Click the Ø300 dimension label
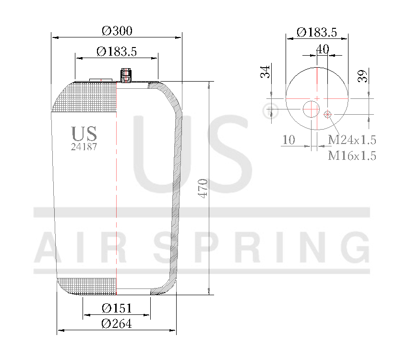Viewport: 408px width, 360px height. coord(117,31)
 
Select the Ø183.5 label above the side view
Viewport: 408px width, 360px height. coord(117,52)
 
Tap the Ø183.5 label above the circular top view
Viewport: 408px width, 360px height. coord(316,32)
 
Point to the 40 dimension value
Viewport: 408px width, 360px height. coord(323,48)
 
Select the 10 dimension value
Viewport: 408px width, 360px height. coord(288,140)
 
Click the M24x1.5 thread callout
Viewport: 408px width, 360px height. coord(352,140)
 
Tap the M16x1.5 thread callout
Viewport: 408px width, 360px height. coord(352,156)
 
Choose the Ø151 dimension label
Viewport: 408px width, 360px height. coord(117,308)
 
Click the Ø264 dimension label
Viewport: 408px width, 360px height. coord(117,324)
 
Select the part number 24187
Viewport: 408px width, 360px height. coord(84,147)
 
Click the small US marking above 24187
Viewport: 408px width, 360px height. coord(84,133)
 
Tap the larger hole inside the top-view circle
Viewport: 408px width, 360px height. coord(311,109)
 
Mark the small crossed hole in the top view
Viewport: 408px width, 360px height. coord(328,114)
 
